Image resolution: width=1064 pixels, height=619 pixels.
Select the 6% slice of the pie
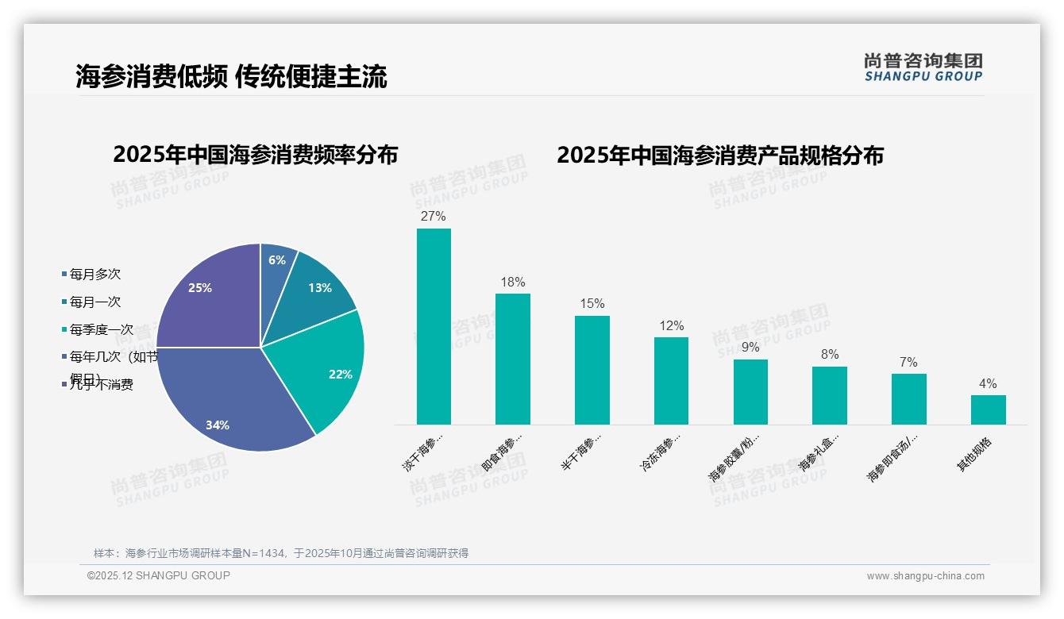[276, 266]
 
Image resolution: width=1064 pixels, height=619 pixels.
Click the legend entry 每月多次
[94, 275]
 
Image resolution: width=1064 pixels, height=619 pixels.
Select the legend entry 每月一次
[94, 302]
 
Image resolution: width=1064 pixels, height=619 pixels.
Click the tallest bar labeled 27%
[434, 326]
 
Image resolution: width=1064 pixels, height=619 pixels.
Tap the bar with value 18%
[513, 359]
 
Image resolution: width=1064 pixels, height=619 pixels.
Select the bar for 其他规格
[988, 409]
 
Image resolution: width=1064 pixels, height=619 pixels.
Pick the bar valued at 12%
[671, 381]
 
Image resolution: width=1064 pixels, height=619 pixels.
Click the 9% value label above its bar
[750, 348]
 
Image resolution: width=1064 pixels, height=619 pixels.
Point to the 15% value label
[592, 304]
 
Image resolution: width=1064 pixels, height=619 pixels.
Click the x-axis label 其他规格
[974, 454]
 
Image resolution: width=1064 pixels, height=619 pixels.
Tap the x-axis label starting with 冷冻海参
[661, 453]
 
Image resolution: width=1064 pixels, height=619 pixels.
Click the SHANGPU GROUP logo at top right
[923, 67]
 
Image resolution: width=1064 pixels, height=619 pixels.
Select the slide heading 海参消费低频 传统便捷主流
[231, 77]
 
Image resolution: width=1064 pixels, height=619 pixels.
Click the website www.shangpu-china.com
[925, 576]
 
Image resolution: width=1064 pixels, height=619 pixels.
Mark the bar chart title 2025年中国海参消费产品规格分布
[719, 156]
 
